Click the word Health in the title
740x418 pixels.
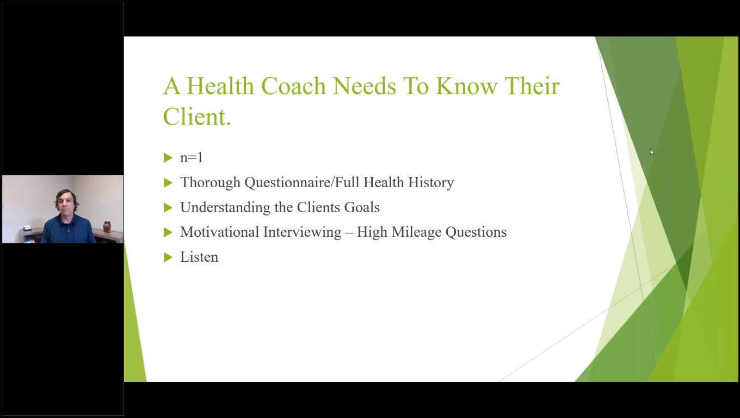point(220,86)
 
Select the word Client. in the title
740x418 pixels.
point(197,116)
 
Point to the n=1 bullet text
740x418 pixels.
point(192,158)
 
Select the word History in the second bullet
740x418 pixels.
point(431,183)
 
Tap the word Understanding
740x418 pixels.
point(225,208)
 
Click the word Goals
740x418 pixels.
point(362,207)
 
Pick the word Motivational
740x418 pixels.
point(219,232)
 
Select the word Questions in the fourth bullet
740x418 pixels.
point(476,232)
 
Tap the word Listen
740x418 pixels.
point(199,257)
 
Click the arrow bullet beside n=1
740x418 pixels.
point(168,158)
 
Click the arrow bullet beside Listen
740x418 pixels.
point(168,257)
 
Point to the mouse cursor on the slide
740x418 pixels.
point(652,152)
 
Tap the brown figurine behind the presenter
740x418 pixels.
point(107,227)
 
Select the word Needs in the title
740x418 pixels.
point(365,86)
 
